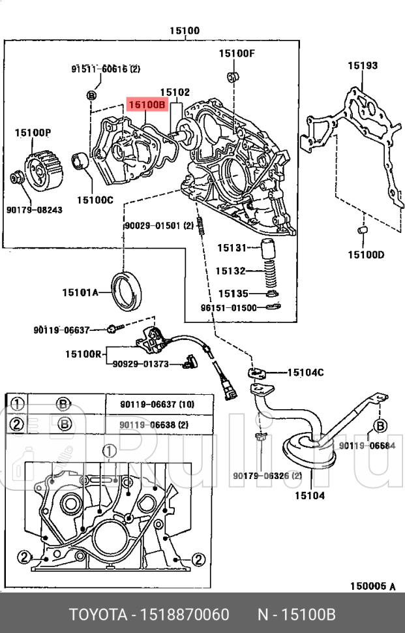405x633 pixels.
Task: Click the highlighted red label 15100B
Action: pyautogui.click(x=147, y=104)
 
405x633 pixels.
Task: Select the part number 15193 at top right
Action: pyautogui.click(x=362, y=65)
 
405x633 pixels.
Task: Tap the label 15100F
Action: pyautogui.click(x=236, y=53)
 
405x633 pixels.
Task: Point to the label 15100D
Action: pyautogui.click(x=365, y=254)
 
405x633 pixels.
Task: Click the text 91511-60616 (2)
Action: pyautogui.click(x=106, y=69)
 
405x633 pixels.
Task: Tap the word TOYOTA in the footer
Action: pyautogui.click(x=96, y=615)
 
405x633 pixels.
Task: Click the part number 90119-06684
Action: pyautogui.click(x=367, y=446)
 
